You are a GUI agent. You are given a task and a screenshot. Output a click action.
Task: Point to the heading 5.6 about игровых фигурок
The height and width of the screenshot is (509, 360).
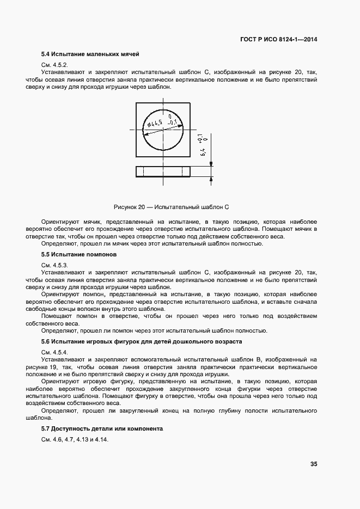142,341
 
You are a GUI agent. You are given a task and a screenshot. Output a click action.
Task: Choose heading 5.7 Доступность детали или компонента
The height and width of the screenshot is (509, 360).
102,428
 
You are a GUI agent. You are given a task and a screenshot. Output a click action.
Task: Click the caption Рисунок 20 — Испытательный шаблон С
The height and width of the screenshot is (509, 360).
170,207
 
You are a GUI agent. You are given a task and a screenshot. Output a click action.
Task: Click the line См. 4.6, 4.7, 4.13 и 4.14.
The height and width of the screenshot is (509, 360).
75,439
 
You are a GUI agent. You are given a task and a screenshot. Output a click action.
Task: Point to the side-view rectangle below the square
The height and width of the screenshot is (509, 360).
162,171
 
